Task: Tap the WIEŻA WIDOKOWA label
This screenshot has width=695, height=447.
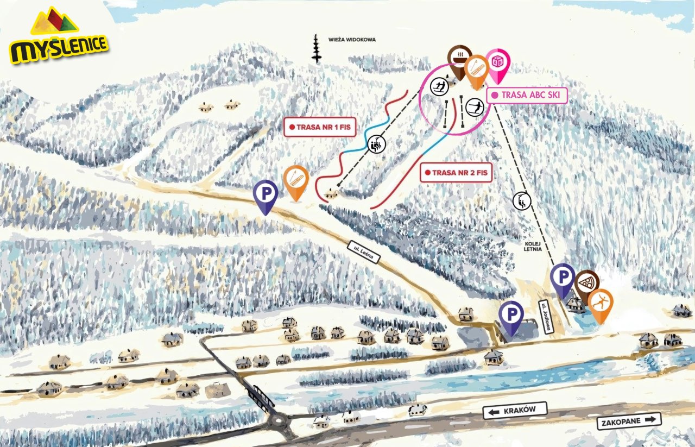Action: (352, 40)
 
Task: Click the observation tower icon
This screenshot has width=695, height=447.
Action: (315, 49)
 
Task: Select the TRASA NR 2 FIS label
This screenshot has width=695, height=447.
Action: (456, 173)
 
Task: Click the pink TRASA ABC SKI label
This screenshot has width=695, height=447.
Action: (527, 95)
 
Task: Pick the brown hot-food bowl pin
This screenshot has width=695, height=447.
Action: (459, 58)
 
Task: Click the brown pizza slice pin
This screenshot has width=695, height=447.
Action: (585, 283)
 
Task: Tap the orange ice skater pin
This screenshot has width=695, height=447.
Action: (599, 303)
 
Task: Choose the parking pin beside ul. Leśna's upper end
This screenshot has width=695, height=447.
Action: (266, 194)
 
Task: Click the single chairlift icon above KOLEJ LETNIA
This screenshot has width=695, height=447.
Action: (521, 201)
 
